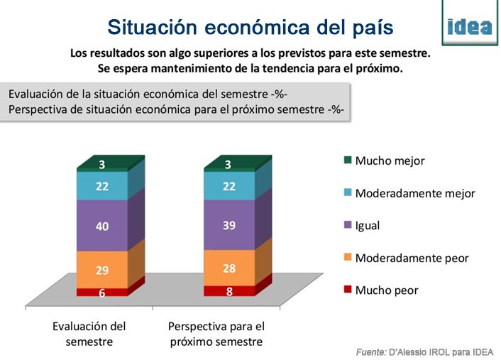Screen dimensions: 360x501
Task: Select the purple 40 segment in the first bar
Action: click(x=102, y=226)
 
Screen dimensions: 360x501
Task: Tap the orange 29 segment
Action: click(x=102, y=270)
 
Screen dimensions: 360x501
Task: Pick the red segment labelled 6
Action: click(x=102, y=292)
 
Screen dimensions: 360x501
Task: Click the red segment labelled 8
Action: click(x=229, y=290)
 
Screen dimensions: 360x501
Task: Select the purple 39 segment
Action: click(x=229, y=224)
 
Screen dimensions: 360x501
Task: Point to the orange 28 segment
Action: click(x=229, y=267)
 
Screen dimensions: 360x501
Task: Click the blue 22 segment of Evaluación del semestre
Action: click(x=102, y=186)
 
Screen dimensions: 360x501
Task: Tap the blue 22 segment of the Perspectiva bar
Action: click(x=229, y=186)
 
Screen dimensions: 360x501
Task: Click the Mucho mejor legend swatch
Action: click(x=347, y=160)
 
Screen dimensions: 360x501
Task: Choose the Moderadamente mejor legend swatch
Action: click(x=347, y=193)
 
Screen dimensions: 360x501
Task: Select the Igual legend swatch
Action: click(x=347, y=226)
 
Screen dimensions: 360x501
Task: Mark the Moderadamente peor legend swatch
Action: click(x=347, y=258)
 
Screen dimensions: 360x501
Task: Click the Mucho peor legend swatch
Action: click(x=347, y=290)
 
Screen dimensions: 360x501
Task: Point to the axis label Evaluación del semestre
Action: click(x=89, y=334)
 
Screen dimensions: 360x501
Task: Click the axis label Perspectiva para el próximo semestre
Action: click(x=216, y=334)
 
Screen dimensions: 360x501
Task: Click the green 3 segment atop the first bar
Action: click(x=102, y=165)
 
